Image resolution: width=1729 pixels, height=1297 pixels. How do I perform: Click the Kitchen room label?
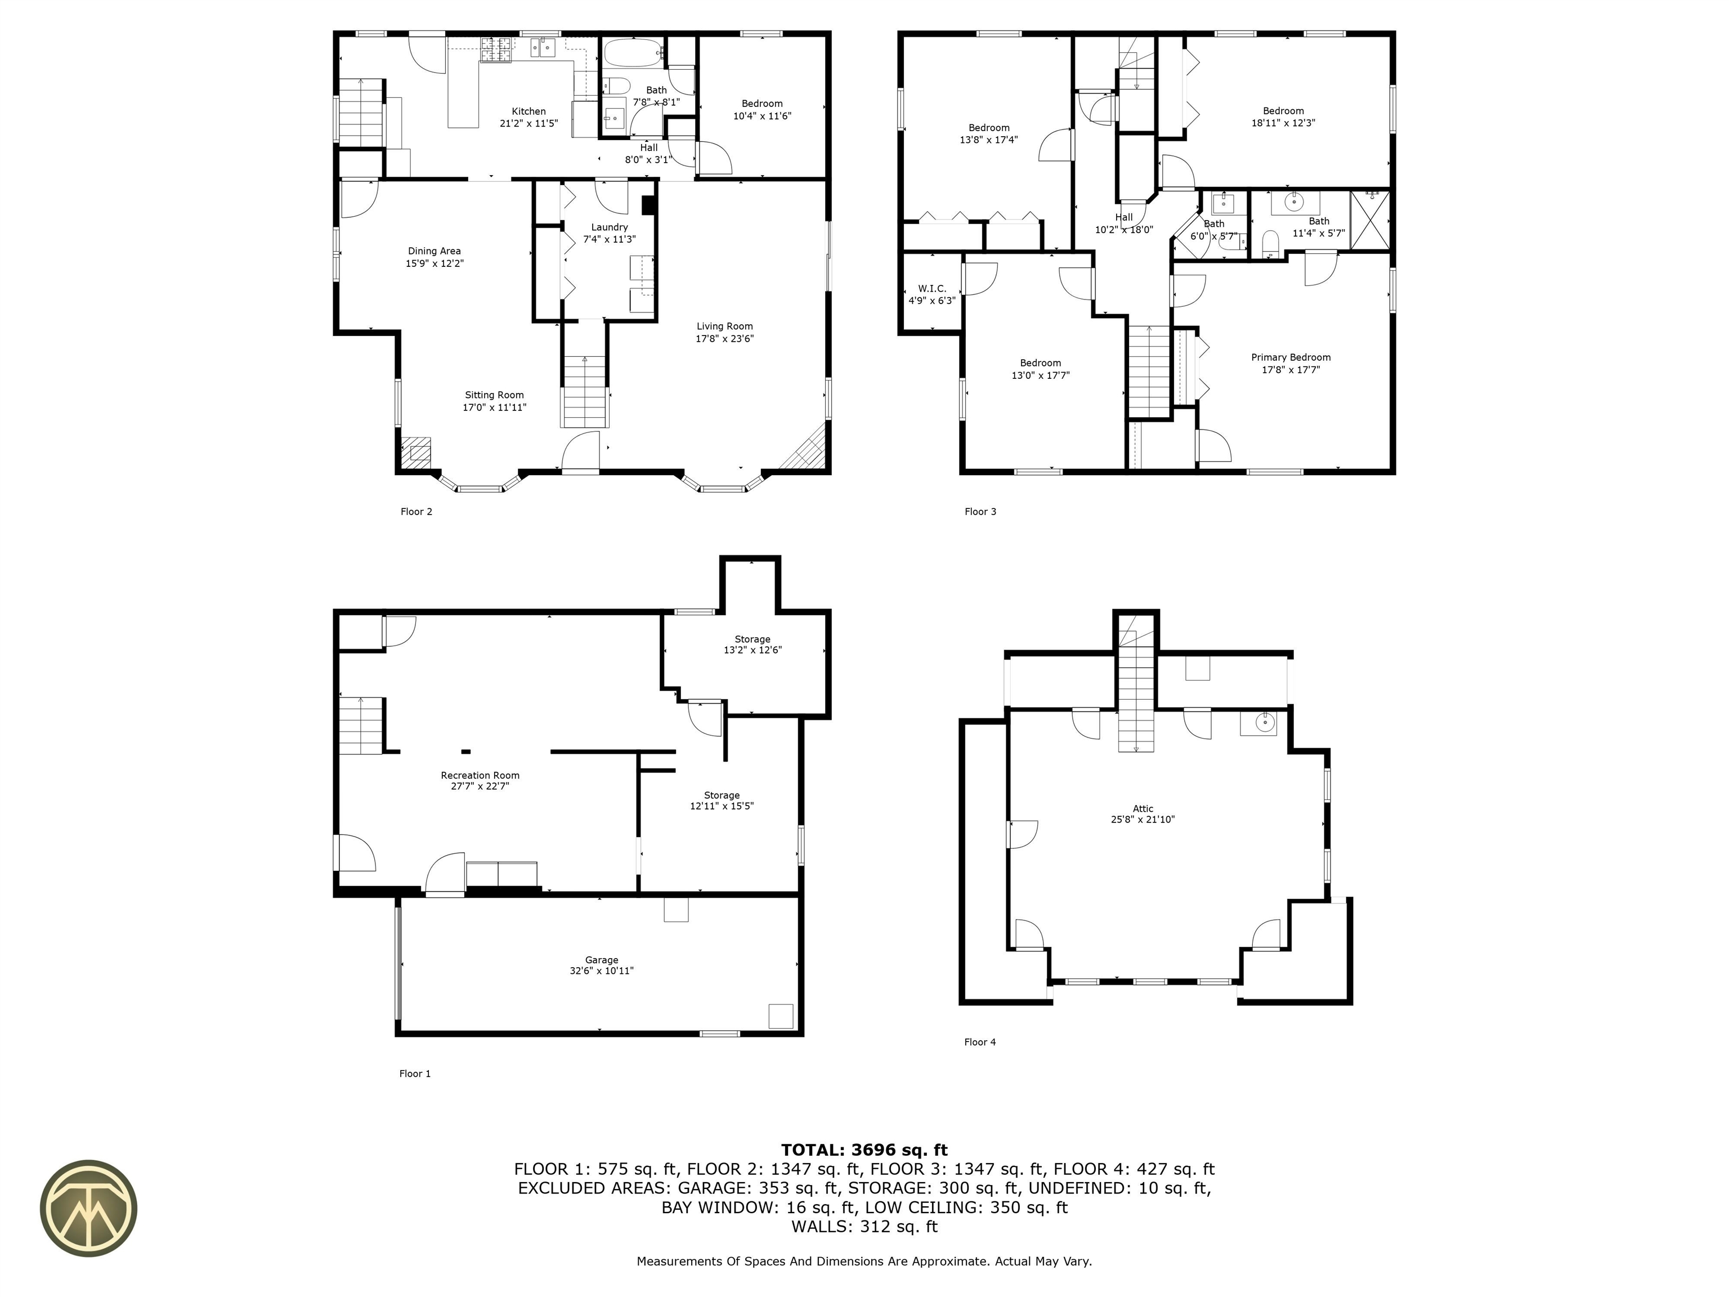pyautogui.click(x=528, y=111)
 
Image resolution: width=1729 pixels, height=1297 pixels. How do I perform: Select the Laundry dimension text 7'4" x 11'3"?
pyautogui.click(x=609, y=239)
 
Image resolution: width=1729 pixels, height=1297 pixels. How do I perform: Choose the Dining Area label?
pyautogui.click(x=434, y=251)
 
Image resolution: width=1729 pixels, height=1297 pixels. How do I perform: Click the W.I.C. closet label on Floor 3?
pyautogui.click(x=931, y=288)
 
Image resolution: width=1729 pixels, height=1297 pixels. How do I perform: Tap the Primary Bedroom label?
pyautogui.click(x=1291, y=357)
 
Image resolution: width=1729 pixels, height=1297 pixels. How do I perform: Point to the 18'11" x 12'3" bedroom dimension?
pyautogui.click(x=1283, y=123)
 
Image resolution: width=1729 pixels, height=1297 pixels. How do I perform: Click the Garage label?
pyautogui.click(x=601, y=959)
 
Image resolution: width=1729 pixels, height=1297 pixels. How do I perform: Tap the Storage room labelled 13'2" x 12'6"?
pyautogui.click(x=752, y=644)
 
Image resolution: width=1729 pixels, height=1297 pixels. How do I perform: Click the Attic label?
pyautogui.click(x=1143, y=808)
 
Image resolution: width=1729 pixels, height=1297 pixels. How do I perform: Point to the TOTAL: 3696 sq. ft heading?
pyautogui.click(x=864, y=1150)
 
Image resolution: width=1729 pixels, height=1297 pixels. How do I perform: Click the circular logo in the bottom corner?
pyautogui.click(x=88, y=1208)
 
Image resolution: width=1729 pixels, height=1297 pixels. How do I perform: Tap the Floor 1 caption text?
pyautogui.click(x=415, y=1074)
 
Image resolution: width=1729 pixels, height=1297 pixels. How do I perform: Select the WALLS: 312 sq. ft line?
pyautogui.click(x=864, y=1227)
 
